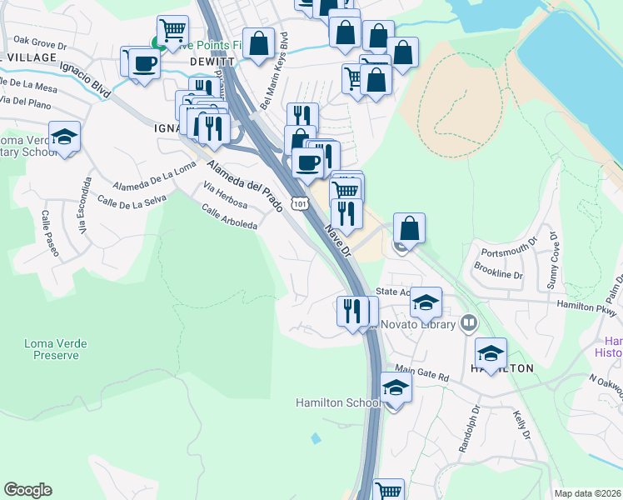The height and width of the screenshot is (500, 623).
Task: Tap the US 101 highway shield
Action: click(299, 202)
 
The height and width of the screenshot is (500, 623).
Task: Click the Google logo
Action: click(27, 490)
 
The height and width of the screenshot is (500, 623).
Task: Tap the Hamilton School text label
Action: click(337, 402)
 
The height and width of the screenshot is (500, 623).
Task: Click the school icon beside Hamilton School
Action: click(396, 387)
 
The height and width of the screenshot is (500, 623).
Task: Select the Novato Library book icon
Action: click(469, 322)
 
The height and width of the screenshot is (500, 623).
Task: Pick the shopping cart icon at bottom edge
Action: click(388, 491)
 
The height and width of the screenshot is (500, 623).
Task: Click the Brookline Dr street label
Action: click(497, 273)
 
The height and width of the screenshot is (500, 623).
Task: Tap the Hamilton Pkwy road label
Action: click(586, 308)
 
